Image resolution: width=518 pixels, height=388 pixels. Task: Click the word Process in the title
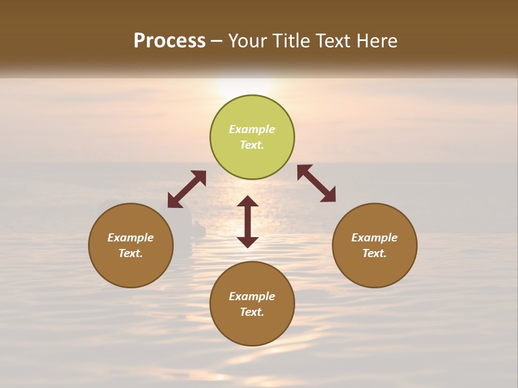[x=169, y=41]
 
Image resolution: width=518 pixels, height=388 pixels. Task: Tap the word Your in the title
[x=248, y=41]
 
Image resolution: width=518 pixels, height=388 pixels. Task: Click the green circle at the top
[x=252, y=113]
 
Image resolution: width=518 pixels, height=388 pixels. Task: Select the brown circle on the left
[x=131, y=269]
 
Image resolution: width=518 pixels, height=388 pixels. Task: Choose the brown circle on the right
[x=374, y=269]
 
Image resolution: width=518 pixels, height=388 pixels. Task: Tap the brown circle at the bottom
[x=252, y=329]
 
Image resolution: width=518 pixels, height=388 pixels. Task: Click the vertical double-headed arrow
[x=248, y=221]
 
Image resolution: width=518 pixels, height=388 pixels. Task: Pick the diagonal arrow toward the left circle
[x=187, y=189]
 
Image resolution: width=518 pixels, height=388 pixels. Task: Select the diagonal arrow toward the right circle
[x=316, y=183]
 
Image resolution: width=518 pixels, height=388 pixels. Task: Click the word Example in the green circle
[x=252, y=129]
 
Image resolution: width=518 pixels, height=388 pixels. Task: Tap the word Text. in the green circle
[x=252, y=145]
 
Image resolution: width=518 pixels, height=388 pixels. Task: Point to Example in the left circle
[x=131, y=238]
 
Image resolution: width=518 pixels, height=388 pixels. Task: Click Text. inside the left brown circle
[x=131, y=253]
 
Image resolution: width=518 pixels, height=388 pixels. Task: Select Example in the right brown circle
[x=374, y=238]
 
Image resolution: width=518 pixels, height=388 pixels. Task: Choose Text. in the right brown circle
[x=374, y=253]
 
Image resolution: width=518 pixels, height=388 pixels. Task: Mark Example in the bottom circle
[x=252, y=296]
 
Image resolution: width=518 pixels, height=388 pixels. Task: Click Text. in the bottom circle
[x=252, y=312]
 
